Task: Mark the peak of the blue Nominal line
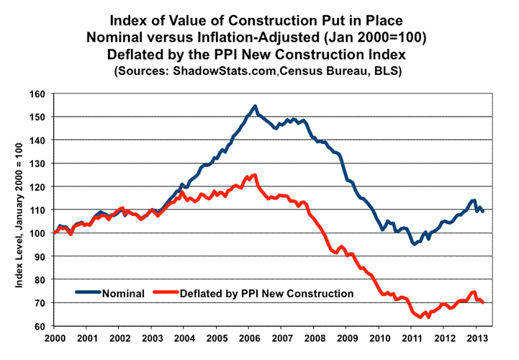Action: click(256, 106)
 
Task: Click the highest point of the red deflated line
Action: click(254, 175)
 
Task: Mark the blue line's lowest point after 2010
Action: click(414, 244)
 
